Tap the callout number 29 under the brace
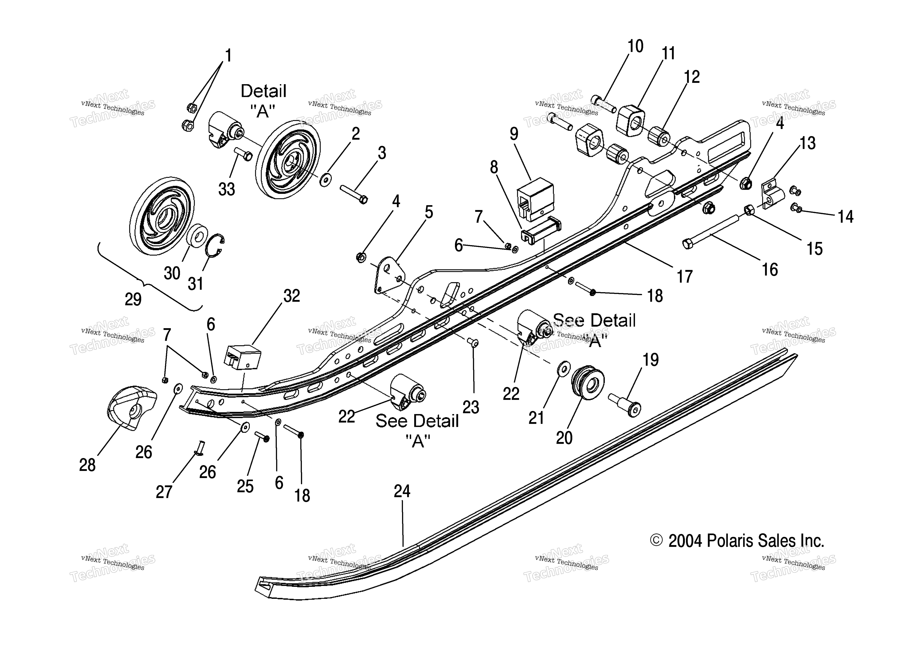pyautogui.click(x=133, y=299)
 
